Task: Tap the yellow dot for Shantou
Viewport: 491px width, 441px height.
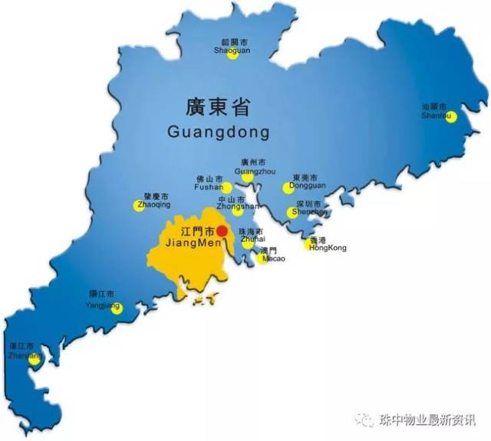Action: (x=451, y=117)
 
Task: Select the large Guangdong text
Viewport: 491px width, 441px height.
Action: (x=219, y=132)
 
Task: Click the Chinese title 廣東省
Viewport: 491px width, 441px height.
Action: (x=219, y=106)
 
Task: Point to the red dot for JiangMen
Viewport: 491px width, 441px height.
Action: (x=222, y=230)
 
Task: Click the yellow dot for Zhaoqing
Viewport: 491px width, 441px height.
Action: (x=140, y=205)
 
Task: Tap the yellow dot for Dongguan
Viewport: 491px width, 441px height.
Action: (x=288, y=188)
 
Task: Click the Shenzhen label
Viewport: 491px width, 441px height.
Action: (x=309, y=212)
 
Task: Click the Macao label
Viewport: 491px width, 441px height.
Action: (x=274, y=259)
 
